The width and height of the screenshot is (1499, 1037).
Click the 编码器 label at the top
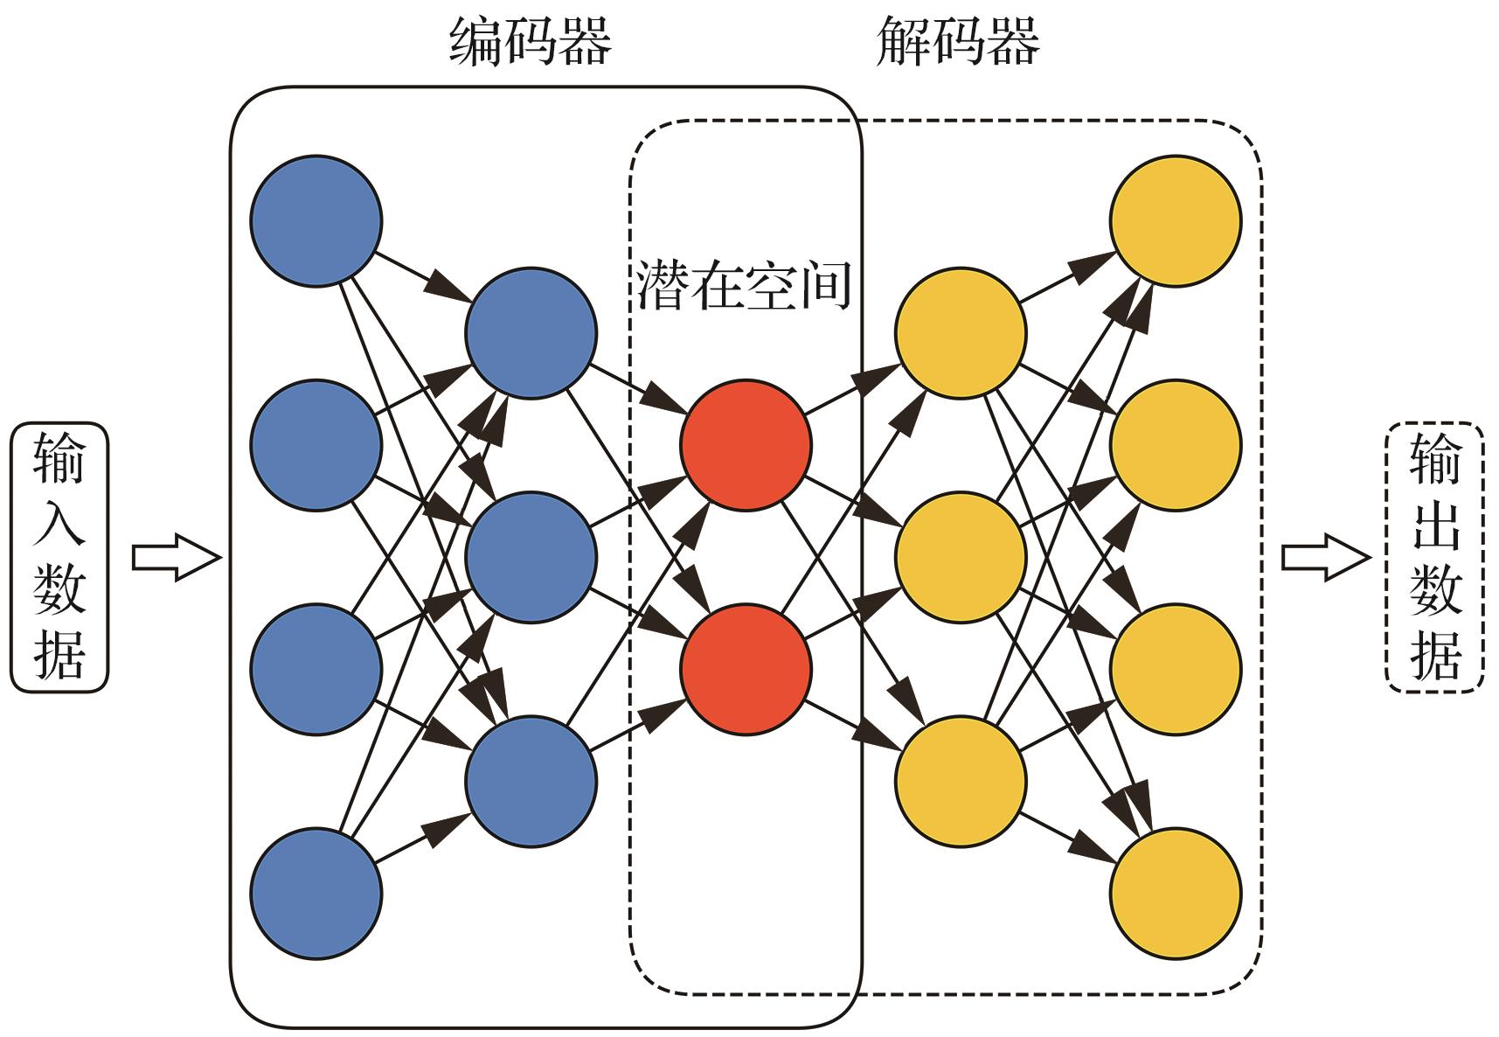(531, 43)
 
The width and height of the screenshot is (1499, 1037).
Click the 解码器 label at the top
(958, 43)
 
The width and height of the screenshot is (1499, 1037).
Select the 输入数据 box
(59, 558)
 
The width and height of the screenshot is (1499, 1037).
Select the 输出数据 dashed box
(1435, 558)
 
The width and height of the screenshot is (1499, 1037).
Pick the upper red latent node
(746, 445)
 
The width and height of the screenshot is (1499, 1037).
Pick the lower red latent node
(746, 669)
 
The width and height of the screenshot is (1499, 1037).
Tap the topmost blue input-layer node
(316, 220)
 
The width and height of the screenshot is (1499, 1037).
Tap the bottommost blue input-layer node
(316, 894)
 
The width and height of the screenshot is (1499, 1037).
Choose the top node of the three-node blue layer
(531, 333)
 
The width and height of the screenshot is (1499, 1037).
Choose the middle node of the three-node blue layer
(531, 557)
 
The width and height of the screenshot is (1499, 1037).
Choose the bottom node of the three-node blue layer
(531, 781)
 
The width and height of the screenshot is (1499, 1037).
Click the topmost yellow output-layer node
(1176, 220)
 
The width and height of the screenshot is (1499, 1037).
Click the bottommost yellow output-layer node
(1176, 894)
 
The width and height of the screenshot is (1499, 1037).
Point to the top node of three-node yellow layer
(960, 333)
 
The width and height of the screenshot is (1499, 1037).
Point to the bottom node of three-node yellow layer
(960, 781)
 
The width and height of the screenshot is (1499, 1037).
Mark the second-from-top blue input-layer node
(316, 445)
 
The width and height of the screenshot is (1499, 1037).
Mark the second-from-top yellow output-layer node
(1176, 445)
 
